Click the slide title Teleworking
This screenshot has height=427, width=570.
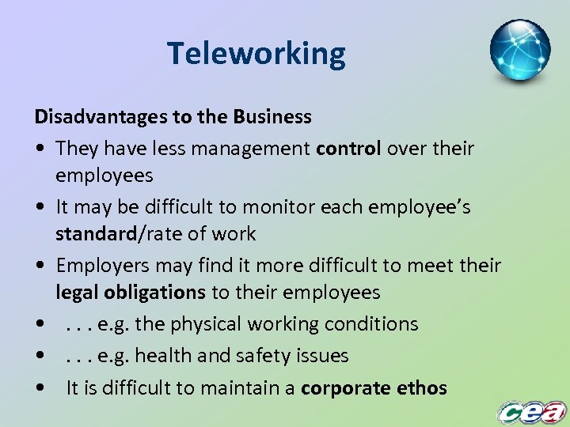(x=256, y=54)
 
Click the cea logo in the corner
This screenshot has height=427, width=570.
(x=531, y=412)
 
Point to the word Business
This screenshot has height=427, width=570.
(x=272, y=117)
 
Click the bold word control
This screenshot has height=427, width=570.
(x=348, y=148)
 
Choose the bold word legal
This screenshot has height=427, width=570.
(x=77, y=293)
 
